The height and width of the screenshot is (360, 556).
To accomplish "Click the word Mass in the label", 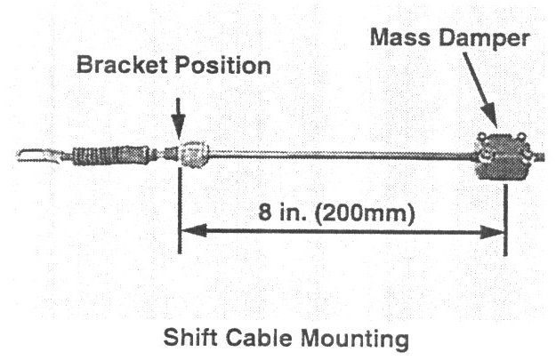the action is click(x=396, y=38).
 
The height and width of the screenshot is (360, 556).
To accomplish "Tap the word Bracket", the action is click(x=114, y=67).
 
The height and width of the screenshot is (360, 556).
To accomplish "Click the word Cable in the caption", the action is click(x=259, y=339).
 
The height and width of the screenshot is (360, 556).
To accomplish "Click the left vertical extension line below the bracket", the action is click(x=180, y=213).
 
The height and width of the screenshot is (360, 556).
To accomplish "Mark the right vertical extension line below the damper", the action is click(x=505, y=218).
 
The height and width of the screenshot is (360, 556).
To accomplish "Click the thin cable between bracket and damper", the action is click(x=338, y=156).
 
